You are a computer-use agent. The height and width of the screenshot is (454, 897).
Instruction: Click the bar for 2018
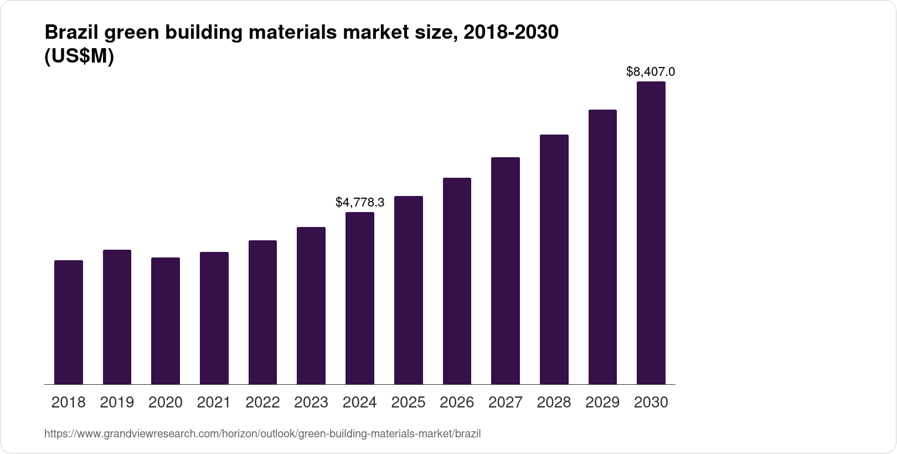tap(69, 322)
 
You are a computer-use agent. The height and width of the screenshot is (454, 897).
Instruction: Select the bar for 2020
tap(166, 321)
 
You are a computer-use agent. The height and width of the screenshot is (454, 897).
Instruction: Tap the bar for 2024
tap(360, 298)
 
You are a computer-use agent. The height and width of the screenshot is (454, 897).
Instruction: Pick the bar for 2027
tap(505, 271)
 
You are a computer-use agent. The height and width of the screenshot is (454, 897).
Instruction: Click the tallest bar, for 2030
tap(651, 233)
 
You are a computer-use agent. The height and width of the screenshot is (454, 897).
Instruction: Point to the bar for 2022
tap(262, 312)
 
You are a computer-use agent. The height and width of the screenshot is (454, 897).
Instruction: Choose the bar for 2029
tap(602, 247)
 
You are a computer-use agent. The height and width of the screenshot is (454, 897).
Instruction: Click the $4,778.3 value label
tap(360, 203)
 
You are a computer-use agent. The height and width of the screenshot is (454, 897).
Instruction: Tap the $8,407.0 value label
tap(650, 71)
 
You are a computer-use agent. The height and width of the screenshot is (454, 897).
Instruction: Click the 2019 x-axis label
tap(117, 403)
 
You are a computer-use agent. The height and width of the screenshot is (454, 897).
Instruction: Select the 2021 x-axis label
tap(214, 403)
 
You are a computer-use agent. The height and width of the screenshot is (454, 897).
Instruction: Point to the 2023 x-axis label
tap(311, 403)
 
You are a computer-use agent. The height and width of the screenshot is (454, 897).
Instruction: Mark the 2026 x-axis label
tap(457, 403)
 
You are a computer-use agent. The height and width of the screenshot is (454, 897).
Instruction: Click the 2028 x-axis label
tap(554, 403)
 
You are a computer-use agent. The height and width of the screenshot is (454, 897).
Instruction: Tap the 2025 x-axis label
tap(408, 403)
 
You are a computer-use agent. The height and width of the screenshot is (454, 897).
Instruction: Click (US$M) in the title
tap(79, 56)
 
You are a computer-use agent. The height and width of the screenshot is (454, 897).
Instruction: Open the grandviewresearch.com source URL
tap(262, 434)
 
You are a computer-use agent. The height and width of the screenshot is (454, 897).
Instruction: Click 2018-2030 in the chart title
tap(511, 33)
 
